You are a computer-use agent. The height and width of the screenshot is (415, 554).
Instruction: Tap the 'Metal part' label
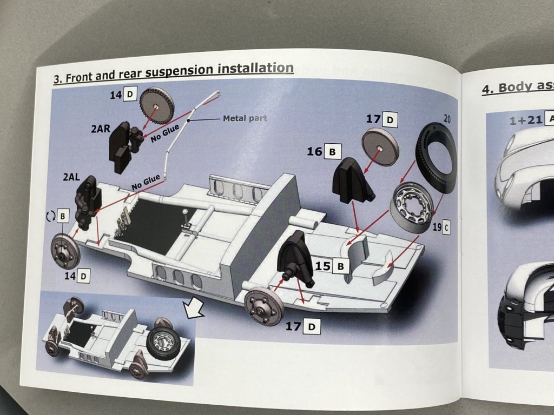pos(245,118)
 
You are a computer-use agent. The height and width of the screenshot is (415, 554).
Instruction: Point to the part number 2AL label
pos(72,177)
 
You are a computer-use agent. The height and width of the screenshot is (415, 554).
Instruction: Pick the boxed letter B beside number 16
pos(332,151)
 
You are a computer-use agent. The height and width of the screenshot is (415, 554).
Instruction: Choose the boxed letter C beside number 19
pos(446,227)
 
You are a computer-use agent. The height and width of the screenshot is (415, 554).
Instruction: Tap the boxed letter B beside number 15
pos(340,265)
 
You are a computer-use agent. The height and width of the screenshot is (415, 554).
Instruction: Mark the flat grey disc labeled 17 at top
pos(380,147)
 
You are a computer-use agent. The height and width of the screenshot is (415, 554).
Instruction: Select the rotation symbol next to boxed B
pos(51,216)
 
